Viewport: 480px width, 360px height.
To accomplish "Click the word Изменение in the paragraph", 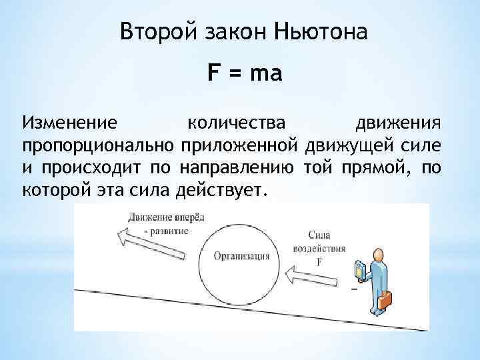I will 70,123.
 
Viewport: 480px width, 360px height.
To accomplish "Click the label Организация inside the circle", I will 242,256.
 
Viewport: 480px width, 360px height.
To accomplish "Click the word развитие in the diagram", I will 170,231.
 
